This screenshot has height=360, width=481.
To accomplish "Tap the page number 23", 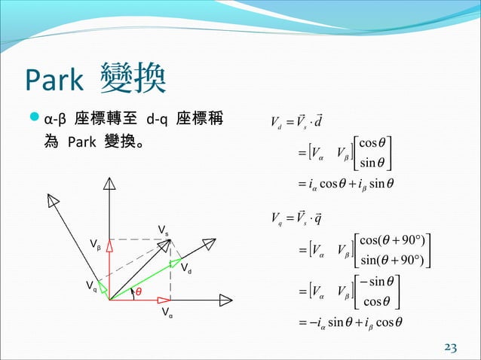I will (452, 346).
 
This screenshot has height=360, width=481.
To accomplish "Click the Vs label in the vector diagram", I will (162, 230).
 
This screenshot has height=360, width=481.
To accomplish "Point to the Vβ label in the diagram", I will (95, 245).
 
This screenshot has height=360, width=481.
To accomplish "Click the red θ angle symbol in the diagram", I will (139, 291).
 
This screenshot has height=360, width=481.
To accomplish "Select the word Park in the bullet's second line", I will (82, 142).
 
